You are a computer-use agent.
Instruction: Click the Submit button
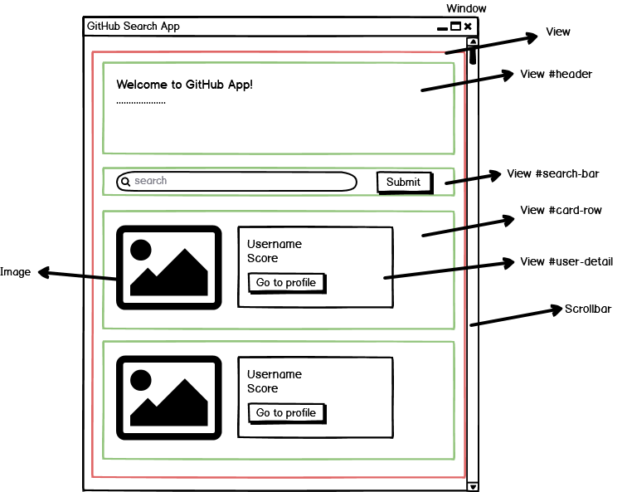[x=404, y=182]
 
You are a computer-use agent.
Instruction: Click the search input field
[x=241, y=181]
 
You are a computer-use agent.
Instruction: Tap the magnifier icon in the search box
[x=125, y=181]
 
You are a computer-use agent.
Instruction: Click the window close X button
[x=468, y=27]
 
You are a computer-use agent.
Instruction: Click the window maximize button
[x=455, y=27]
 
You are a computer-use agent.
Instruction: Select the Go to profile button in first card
[x=286, y=283]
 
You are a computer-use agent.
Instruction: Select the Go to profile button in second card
[x=286, y=413]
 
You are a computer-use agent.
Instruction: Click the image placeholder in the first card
[x=168, y=267]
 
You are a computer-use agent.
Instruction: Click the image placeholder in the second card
[x=168, y=397]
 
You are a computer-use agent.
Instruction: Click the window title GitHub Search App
[x=134, y=27]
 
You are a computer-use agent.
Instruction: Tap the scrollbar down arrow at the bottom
[x=473, y=486]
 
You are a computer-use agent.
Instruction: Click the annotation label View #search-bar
[x=552, y=174]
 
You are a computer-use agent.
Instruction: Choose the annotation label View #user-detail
[x=566, y=262]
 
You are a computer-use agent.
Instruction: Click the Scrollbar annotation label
[x=588, y=309]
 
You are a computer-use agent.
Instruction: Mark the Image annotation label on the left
[x=15, y=272]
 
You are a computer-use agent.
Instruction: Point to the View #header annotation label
[x=556, y=75]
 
